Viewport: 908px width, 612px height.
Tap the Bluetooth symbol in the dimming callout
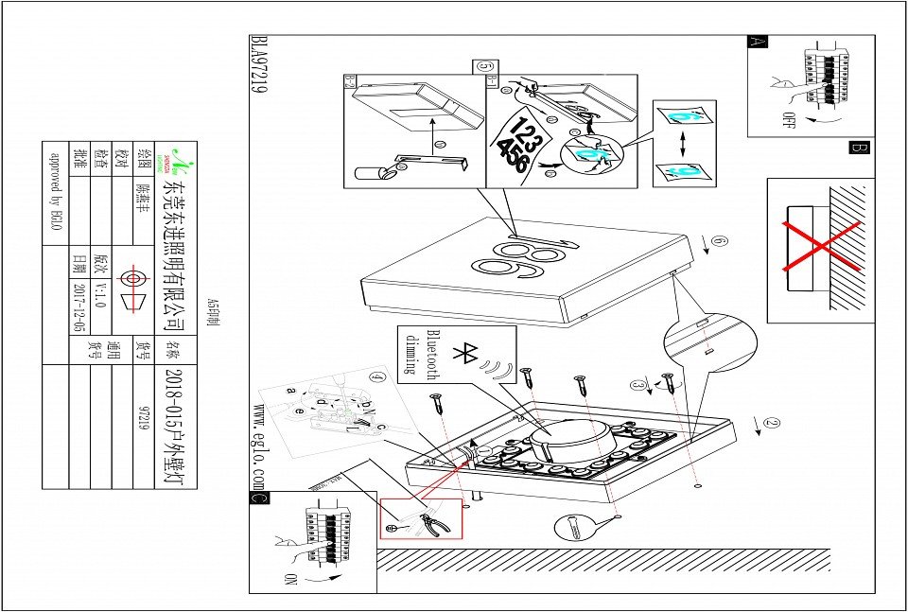(464, 354)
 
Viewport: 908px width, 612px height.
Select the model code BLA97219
(257, 66)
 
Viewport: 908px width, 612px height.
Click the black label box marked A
(758, 42)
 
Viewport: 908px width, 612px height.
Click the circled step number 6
(720, 242)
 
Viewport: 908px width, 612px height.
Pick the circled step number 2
(773, 424)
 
